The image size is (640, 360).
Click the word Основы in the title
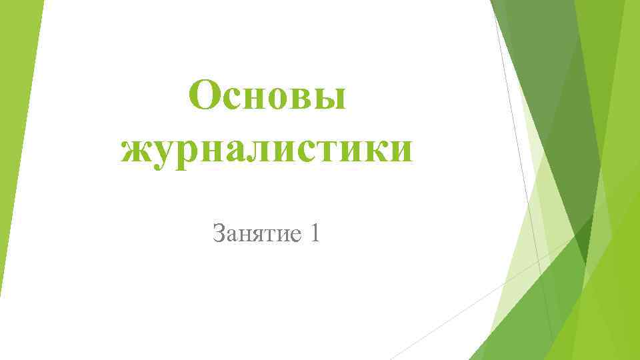tap(267, 97)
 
